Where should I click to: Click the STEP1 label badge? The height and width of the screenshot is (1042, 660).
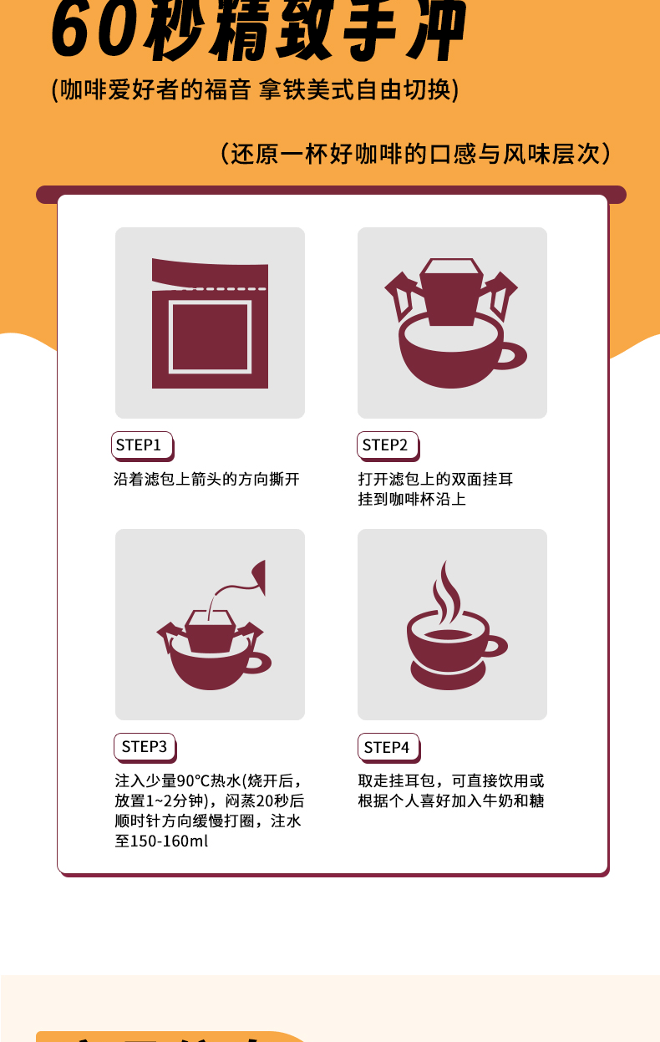pyautogui.click(x=140, y=445)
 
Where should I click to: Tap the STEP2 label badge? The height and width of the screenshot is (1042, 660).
pyautogui.click(x=386, y=445)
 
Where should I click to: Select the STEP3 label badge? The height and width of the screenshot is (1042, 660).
pyautogui.click(x=144, y=746)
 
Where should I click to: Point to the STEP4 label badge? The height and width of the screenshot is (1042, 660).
pyautogui.click(x=388, y=746)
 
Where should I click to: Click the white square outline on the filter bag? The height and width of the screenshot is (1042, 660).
pyautogui.click(x=210, y=336)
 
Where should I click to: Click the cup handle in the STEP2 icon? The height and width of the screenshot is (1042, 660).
pyautogui.click(x=511, y=356)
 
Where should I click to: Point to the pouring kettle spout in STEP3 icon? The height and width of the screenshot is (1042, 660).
pyautogui.click(x=258, y=576)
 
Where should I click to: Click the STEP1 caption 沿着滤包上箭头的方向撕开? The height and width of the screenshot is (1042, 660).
pyautogui.click(x=206, y=480)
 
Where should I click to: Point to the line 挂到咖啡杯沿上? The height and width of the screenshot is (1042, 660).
pyautogui.click(x=412, y=500)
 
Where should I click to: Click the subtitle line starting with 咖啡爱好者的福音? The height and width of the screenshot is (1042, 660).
pyautogui.click(x=255, y=90)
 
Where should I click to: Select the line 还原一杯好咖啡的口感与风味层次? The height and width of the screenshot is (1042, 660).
pyautogui.click(x=415, y=154)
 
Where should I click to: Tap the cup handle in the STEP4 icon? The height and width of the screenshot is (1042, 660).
pyautogui.click(x=495, y=646)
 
